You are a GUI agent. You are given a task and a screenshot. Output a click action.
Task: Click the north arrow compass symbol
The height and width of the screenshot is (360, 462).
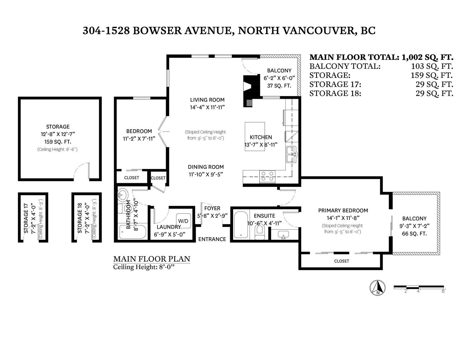click(x=378, y=288)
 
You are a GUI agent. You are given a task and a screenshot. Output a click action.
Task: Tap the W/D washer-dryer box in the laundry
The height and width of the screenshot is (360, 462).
click(x=183, y=221)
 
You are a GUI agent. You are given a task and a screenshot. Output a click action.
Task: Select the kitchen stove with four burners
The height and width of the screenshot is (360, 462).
click(x=267, y=177)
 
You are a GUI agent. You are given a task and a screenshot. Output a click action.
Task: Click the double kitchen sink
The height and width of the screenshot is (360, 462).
click(x=291, y=154)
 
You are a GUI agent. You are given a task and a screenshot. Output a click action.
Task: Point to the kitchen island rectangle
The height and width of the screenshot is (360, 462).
click(x=255, y=136)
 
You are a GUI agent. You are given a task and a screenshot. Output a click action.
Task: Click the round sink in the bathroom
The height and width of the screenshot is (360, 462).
click(x=123, y=195)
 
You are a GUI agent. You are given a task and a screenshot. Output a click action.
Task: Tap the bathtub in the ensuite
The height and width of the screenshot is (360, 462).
click(x=241, y=224)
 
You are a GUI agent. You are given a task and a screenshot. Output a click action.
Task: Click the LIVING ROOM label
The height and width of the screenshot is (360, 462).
click(x=207, y=100)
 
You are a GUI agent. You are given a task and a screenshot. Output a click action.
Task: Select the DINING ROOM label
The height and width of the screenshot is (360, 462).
click(x=206, y=167)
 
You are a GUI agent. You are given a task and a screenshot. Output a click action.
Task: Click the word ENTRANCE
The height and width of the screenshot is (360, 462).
click(x=212, y=239)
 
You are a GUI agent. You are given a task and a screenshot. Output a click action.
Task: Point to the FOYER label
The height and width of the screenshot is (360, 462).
click(x=212, y=208)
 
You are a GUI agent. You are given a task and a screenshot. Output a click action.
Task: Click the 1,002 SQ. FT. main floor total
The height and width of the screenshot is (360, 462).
click(x=427, y=57)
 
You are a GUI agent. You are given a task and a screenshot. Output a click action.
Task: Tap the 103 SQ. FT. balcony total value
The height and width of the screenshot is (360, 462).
click(x=432, y=66)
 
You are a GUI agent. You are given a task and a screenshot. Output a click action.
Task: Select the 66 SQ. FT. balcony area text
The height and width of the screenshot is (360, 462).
click(x=414, y=234)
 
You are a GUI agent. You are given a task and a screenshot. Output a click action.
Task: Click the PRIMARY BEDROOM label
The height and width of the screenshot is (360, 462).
click(x=343, y=211)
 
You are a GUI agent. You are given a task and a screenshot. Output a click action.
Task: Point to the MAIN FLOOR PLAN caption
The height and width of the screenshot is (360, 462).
click(x=152, y=259)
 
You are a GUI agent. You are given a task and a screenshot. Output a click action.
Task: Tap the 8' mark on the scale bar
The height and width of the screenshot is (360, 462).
click(x=443, y=291)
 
